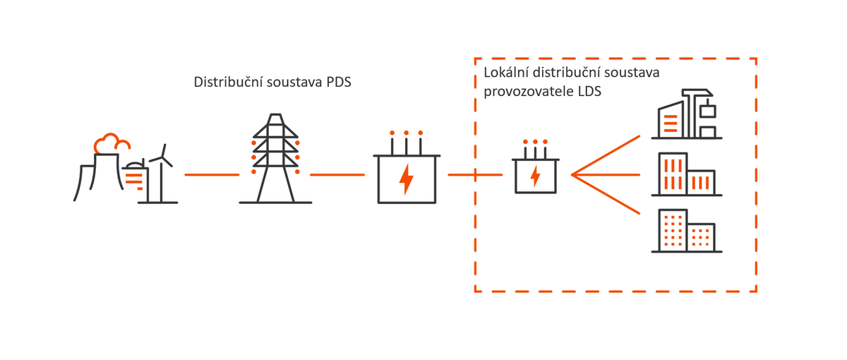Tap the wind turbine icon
point(163,173)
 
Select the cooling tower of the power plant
point(88,180)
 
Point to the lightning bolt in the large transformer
point(406,179)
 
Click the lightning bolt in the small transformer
point(536,175)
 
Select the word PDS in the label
point(337,82)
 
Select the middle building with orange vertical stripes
point(685,174)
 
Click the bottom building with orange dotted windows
point(685,231)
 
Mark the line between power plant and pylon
point(211,174)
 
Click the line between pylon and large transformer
point(337,174)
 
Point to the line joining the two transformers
point(473,174)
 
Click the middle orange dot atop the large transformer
point(406,133)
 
